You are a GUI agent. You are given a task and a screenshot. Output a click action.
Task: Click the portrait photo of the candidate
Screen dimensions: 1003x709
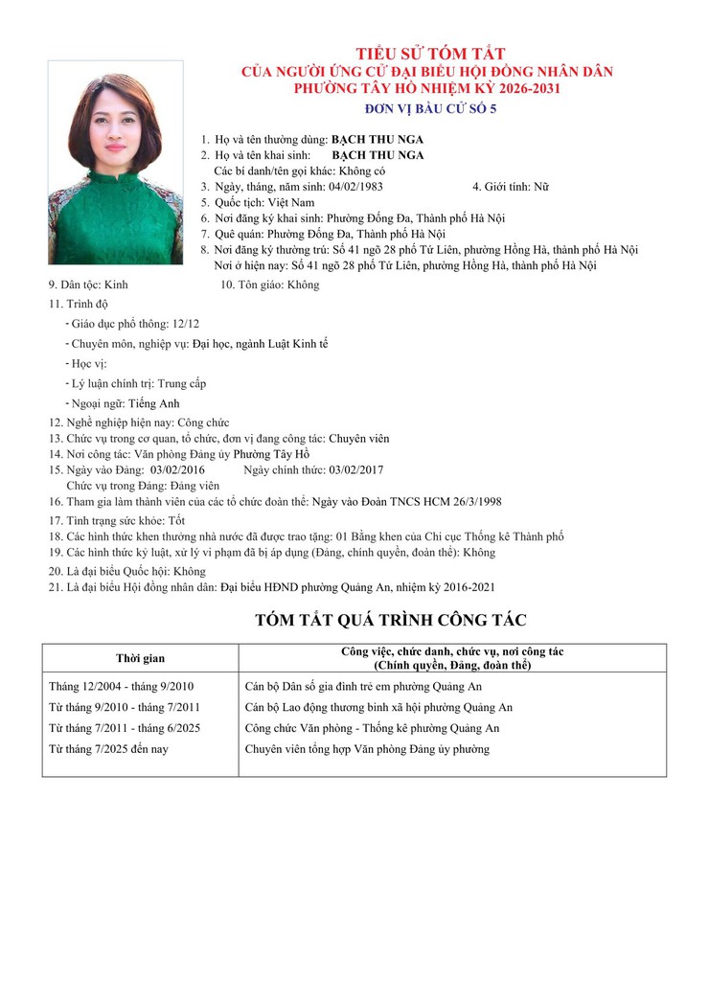pyautogui.click(x=115, y=163)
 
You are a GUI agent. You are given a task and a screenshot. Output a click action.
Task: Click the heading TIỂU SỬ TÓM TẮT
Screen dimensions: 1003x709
pyautogui.click(x=430, y=54)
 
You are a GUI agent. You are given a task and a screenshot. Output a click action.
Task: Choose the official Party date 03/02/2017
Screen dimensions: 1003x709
pyautogui.click(x=355, y=469)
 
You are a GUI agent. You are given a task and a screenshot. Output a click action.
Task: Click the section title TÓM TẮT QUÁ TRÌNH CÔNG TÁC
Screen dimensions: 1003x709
pyautogui.click(x=391, y=620)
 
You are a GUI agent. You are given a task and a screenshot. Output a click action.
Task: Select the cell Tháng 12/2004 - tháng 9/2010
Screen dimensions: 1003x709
pyautogui.click(x=121, y=687)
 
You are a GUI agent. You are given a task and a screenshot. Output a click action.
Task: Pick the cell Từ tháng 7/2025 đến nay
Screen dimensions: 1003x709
pyautogui.click(x=108, y=748)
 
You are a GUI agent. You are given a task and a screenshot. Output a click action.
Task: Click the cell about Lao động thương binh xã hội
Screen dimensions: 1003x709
pyautogui.click(x=378, y=707)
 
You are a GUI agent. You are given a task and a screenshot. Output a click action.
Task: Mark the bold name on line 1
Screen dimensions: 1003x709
pyautogui.click(x=377, y=139)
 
